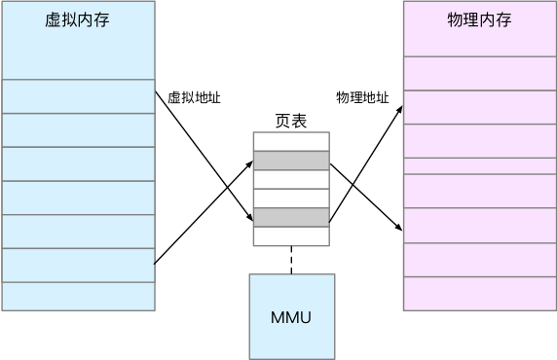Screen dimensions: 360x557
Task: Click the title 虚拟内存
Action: [77, 20]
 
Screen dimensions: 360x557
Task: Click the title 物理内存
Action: [479, 20]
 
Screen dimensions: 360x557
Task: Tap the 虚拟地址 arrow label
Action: [194, 97]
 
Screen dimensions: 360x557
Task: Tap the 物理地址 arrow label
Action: [362, 97]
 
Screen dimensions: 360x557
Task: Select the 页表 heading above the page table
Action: [291, 122]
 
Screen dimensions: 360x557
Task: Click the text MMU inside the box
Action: [291, 317]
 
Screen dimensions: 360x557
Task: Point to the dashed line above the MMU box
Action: [291, 260]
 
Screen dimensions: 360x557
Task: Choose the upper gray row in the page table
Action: [291, 161]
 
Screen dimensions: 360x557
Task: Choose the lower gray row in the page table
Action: [291, 217]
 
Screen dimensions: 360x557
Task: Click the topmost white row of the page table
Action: [291, 141]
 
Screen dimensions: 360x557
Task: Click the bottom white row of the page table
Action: [291, 236]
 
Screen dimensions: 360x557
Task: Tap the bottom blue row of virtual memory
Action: [78, 296]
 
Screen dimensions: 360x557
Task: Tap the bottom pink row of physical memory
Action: [479, 294]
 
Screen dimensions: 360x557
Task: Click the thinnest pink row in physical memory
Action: [479, 165]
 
